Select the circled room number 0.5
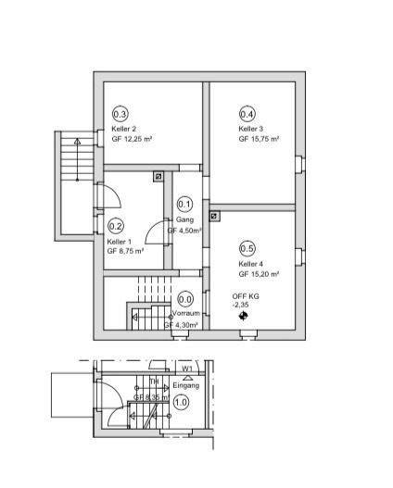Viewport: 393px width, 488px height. (247, 248)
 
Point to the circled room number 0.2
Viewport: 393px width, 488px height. (117, 225)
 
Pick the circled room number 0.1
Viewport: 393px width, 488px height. (184, 205)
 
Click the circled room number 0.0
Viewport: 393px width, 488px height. (185, 299)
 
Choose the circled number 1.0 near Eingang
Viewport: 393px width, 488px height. (182, 402)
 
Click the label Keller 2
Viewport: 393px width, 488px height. (124, 129)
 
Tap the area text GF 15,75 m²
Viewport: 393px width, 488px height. (259, 139)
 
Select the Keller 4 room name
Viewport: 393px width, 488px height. (251, 264)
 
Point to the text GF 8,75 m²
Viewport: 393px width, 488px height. (125, 251)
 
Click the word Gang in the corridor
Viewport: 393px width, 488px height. (184, 220)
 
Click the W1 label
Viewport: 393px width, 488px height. (187, 369)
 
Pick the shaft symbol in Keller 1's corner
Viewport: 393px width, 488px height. (158, 175)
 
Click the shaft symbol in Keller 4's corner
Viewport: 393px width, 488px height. (215, 217)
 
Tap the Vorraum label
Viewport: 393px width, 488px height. (185, 314)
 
